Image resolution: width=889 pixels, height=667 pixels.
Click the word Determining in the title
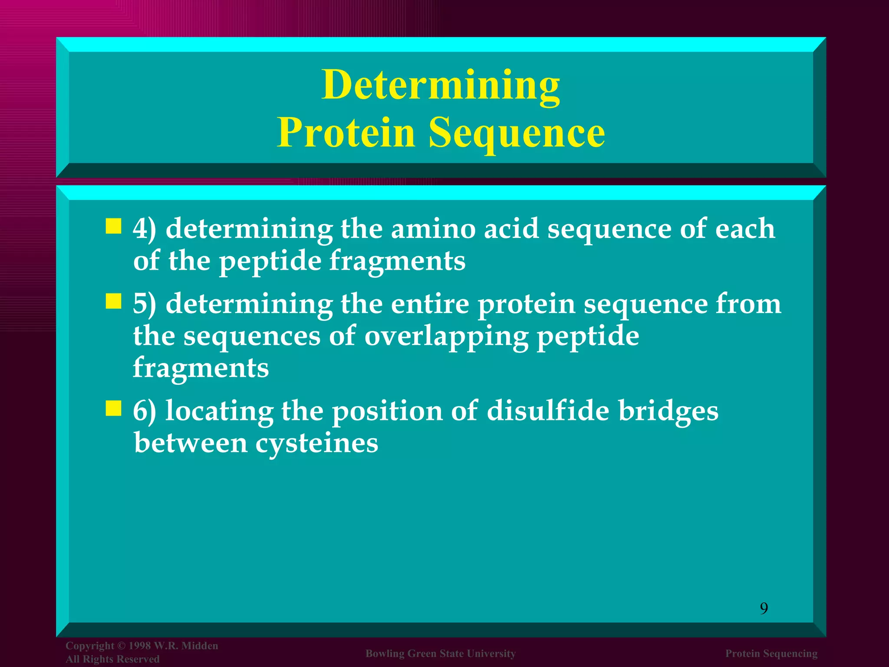(x=441, y=85)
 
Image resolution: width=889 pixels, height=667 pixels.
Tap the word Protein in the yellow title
(x=346, y=132)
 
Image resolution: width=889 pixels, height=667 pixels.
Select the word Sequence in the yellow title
(x=517, y=132)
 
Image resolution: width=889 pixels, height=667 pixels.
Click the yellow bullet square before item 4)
(x=113, y=227)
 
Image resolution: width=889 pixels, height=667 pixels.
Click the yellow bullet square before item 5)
(x=113, y=301)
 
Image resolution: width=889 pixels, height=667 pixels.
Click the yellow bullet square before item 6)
(x=113, y=408)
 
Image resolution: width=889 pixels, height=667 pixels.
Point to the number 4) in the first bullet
(x=144, y=229)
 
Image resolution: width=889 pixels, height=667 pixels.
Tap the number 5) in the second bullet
(x=144, y=304)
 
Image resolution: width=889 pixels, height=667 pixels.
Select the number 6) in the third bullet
(x=144, y=411)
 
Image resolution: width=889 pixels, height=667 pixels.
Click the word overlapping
(x=446, y=337)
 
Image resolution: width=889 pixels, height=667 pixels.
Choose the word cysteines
(x=316, y=444)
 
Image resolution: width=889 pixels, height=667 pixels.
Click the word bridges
(x=668, y=411)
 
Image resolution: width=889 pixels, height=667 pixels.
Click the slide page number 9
(x=764, y=608)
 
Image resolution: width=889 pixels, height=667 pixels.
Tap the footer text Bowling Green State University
(x=441, y=654)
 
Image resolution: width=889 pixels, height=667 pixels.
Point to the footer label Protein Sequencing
(x=771, y=654)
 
